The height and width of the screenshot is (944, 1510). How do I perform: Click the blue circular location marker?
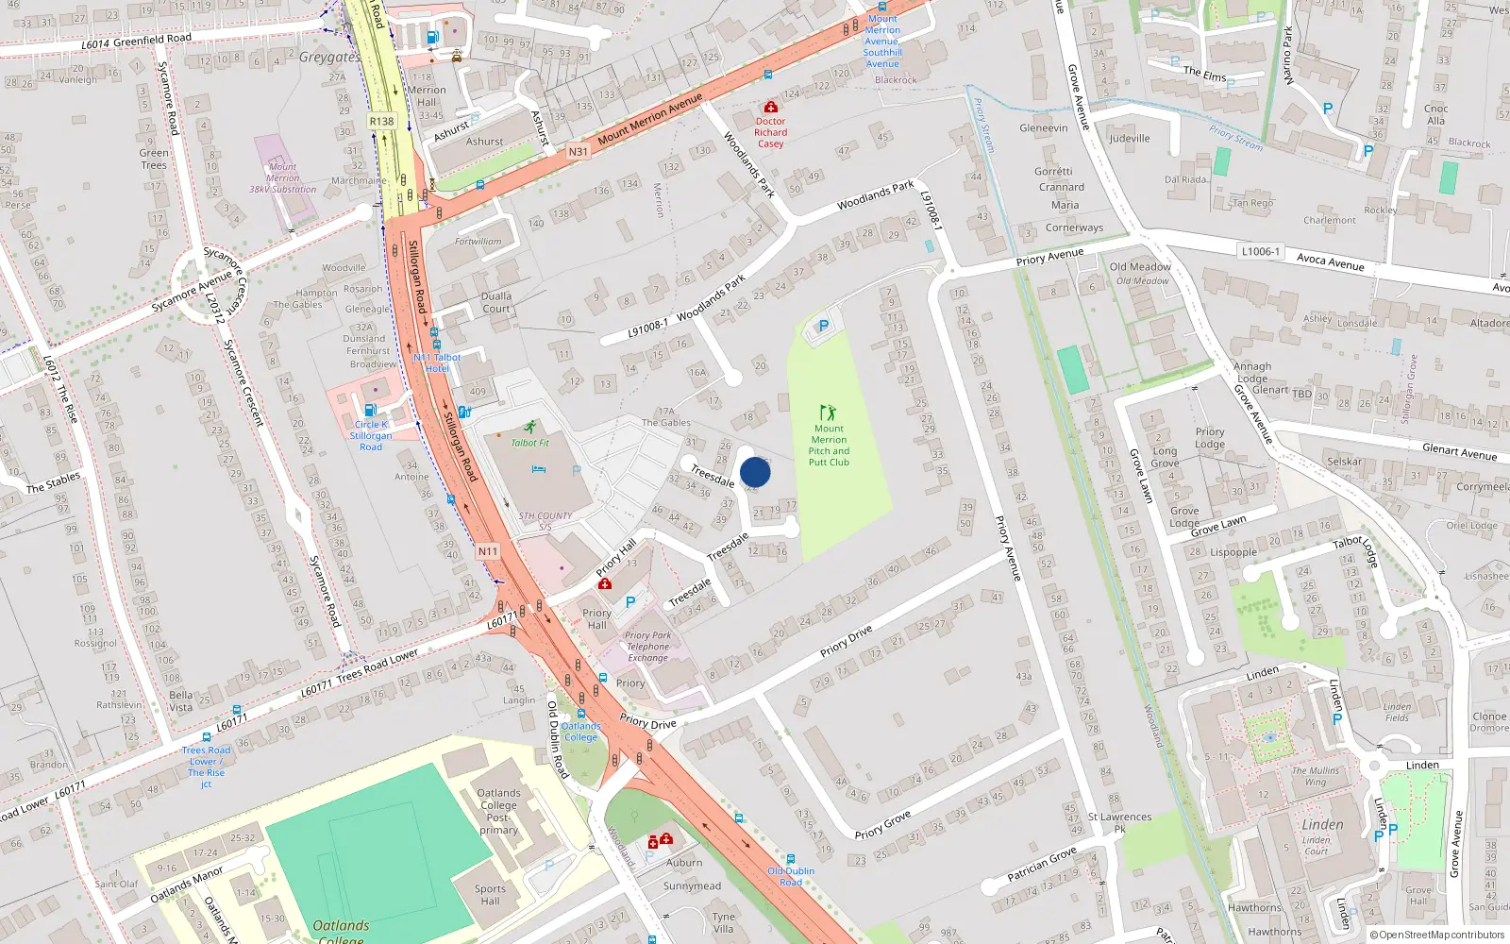pos(755,472)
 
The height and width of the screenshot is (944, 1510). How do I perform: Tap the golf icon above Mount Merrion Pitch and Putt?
pos(828,413)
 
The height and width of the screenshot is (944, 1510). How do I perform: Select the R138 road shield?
pos(381,122)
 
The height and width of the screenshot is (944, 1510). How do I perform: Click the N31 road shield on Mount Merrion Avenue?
pos(578,151)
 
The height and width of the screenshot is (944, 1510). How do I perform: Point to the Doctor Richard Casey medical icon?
pos(770,108)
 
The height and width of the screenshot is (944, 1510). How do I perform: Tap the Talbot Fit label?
pos(530,443)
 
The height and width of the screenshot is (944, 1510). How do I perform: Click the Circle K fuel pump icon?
pos(371,411)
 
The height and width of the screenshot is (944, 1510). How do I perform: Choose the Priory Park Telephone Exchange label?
pos(647,647)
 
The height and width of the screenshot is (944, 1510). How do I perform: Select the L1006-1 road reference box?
pos(1261,252)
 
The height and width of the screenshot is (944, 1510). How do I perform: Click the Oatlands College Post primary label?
pos(498,812)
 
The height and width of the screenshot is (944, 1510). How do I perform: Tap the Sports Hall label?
pos(490,895)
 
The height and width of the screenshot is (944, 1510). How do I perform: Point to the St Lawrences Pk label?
pos(1119,823)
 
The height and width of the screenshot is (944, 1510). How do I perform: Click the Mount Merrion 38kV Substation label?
pos(282,178)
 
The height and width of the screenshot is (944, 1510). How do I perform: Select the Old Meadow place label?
pos(1140,267)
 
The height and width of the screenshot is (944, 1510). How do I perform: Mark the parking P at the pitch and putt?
pos(824,327)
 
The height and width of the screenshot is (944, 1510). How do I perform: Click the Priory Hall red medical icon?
pos(605,584)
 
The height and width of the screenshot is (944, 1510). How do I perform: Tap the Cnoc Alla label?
pos(1435,114)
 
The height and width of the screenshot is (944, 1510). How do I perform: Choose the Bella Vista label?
pos(180,700)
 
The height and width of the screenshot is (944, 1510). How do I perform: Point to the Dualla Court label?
pos(496,302)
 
